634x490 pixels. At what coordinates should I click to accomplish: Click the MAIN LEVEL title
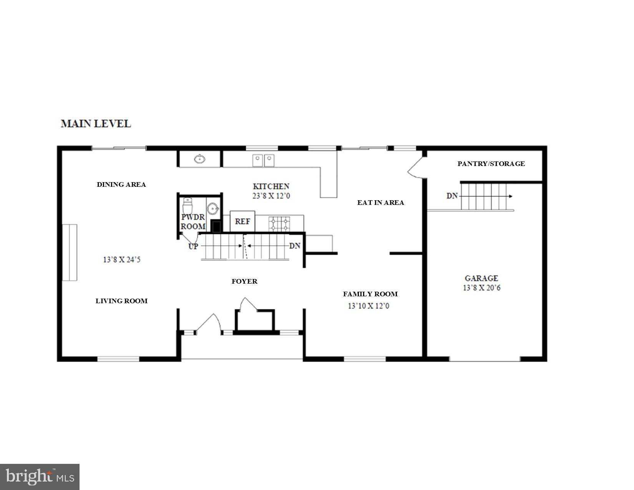point(96,124)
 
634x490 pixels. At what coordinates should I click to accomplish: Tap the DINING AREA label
point(121,184)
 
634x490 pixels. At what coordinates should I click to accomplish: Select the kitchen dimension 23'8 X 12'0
point(271,196)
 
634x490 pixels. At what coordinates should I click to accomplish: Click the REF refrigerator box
point(242,221)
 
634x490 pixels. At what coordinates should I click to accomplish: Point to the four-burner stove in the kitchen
point(279,224)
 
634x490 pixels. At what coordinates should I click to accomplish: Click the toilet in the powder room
point(187,206)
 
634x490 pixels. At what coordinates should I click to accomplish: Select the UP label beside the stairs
point(193,246)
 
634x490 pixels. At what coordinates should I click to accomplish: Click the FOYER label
point(244,281)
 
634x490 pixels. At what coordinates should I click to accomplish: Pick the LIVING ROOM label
point(121,301)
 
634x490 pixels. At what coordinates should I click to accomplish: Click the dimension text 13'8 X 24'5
point(122,260)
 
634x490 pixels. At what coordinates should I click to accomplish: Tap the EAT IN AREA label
point(380,203)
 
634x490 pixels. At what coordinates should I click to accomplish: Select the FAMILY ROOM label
point(370,294)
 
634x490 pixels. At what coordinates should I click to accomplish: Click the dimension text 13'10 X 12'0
point(368,306)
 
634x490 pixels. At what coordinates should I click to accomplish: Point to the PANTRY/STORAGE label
point(491,164)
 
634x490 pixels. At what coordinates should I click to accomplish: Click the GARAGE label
point(481,278)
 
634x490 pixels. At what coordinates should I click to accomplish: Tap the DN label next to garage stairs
point(452,196)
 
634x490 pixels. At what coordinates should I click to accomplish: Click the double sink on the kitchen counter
point(264,160)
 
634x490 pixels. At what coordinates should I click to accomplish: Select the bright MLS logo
point(40,477)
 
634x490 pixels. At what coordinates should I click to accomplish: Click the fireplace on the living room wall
point(70,252)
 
